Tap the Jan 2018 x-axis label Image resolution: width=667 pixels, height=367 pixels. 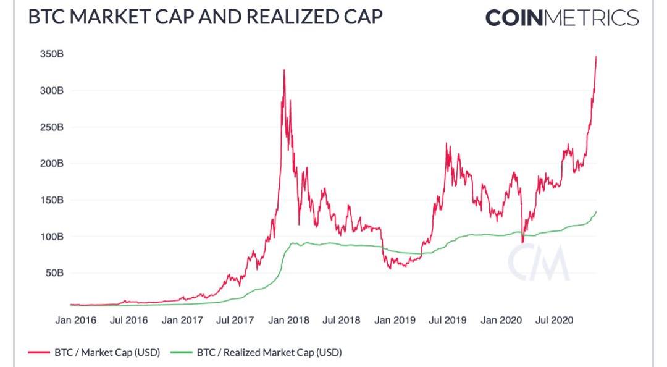(288, 321)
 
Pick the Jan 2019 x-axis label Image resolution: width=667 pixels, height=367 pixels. (395, 321)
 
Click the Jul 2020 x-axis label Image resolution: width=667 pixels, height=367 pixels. (555, 321)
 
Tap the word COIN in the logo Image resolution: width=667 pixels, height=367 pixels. (514, 17)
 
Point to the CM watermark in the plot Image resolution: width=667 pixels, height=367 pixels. (537, 263)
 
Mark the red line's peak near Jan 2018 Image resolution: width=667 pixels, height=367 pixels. (284, 70)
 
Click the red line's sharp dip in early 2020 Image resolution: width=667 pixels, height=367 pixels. (522, 242)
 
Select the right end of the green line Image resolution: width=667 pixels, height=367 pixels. (596, 212)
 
